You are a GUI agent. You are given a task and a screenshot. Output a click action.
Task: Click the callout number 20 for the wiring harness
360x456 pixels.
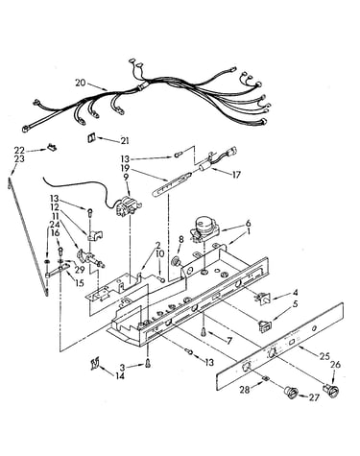tap(81, 83)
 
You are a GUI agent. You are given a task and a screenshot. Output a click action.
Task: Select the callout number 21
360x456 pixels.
tap(124, 140)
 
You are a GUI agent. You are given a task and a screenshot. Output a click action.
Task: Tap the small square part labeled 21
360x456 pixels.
tap(92, 137)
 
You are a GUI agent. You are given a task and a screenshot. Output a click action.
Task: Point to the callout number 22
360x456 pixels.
tap(19, 150)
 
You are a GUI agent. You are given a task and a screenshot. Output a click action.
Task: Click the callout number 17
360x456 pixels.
tap(236, 175)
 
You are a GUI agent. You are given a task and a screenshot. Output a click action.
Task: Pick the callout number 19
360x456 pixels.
tap(125, 167)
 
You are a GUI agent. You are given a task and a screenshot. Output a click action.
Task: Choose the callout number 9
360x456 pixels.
tap(126, 176)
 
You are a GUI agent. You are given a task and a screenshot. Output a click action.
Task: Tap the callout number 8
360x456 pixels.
tap(181, 239)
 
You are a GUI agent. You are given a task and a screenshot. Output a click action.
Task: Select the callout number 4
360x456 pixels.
tap(295, 293)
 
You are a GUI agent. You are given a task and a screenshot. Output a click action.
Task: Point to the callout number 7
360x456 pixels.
tap(229, 341)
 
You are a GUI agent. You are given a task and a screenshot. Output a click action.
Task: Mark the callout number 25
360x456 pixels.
tap(324, 356)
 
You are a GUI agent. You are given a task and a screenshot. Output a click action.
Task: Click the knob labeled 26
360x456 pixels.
tap(331, 391)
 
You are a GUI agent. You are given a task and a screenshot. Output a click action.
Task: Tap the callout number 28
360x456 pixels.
tap(245, 389)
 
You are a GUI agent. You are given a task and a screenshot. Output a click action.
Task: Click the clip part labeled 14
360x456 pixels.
tap(95, 364)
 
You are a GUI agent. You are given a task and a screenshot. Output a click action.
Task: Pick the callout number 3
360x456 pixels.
tap(123, 367)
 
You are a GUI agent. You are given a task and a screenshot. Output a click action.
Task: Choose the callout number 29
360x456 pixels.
tap(80, 269)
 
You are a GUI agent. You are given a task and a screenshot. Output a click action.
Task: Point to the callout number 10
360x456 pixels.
tap(159, 254)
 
